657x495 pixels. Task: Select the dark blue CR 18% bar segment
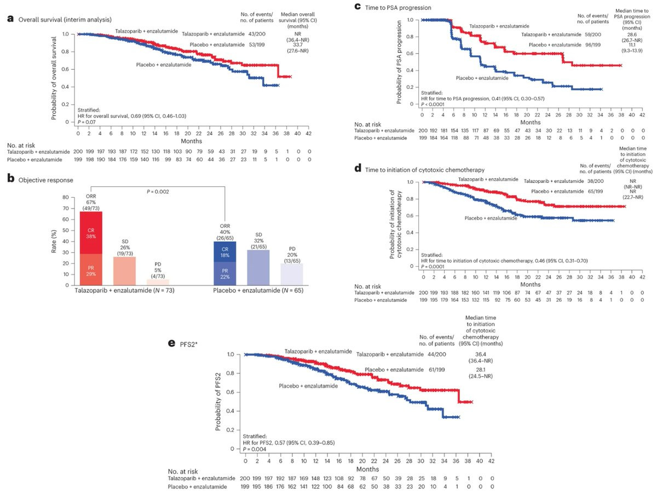[x=224, y=252]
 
